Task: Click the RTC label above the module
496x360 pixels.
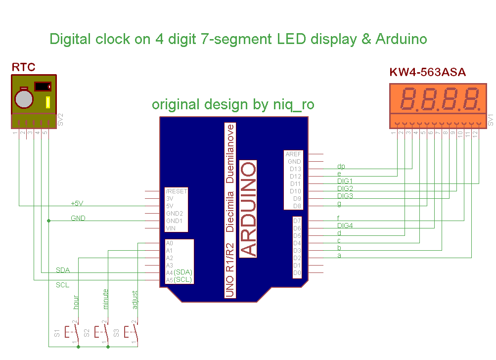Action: [23, 67]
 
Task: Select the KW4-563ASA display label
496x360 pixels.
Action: [427, 73]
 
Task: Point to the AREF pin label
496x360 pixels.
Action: [293, 154]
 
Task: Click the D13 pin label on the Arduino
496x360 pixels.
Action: [295, 169]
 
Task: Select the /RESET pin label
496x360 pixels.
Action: [177, 191]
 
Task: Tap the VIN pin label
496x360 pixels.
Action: [171, 228]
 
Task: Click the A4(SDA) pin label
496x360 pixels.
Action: [179, 272]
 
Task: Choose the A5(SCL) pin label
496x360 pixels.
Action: [179, 280]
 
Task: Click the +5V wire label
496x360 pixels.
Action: [77, 203]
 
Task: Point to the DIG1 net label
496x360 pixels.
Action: [345, 181]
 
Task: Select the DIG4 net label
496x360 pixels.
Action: [345, 225]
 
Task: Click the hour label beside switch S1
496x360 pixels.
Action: [76, 302]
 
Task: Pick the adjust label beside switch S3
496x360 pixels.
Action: [135, 300]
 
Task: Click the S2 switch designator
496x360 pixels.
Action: [87, 333]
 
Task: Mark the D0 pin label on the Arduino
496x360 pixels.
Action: [297, 272]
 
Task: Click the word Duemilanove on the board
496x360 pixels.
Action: [230, 154]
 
